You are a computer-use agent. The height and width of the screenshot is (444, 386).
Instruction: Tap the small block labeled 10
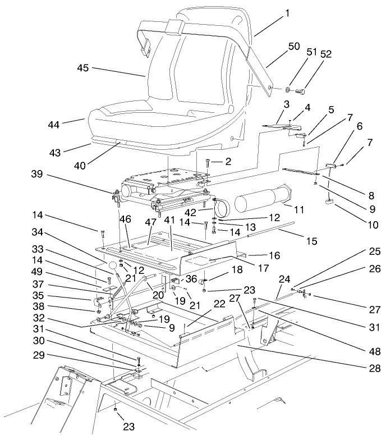329,202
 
